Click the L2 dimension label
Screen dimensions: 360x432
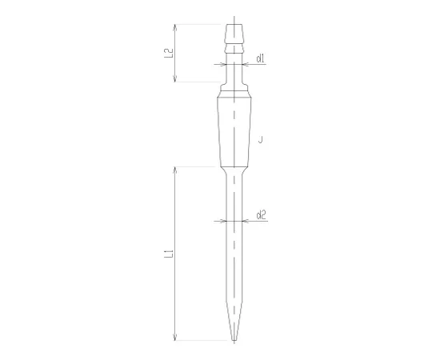168,54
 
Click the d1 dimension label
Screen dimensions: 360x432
261,58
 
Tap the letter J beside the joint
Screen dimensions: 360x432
262,141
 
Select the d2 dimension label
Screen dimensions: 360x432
262,214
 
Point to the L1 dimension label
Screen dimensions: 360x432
168,254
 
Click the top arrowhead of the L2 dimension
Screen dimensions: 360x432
174,27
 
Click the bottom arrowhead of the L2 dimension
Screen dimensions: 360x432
174,79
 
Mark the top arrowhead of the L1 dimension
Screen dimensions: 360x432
174,169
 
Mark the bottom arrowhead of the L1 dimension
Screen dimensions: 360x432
174,338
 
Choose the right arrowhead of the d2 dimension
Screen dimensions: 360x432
243,221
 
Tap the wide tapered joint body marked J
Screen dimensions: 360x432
234,132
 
